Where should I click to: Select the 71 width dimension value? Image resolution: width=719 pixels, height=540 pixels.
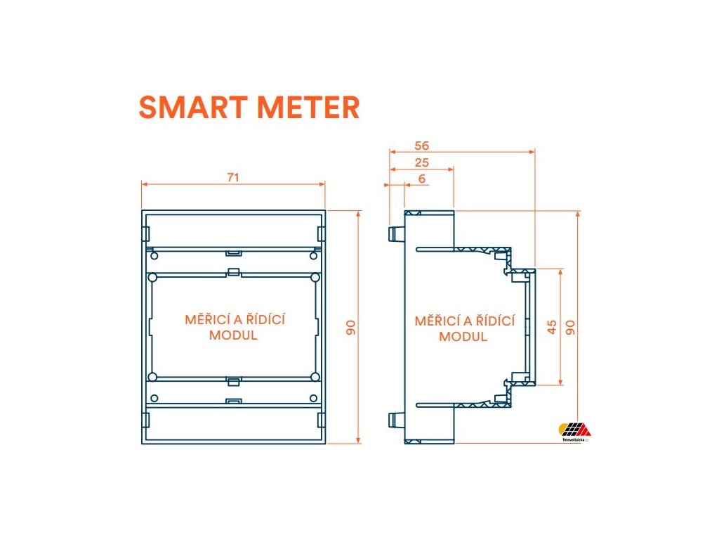(x=233, y=177)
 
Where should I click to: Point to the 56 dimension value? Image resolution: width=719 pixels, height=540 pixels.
(x=421, y=146)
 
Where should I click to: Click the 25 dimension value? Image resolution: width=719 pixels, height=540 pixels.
(x=421, y=162)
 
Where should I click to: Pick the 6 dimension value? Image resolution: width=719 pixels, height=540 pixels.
(x=421, y=179)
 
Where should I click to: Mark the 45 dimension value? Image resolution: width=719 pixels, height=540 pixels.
(x=552, y=326)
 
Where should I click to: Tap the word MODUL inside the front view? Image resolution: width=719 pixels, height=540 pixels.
(x=233, y=335)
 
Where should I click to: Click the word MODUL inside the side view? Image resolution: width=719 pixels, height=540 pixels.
(x=463, y=336)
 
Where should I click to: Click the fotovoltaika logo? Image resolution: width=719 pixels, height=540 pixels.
(x=574, y=431)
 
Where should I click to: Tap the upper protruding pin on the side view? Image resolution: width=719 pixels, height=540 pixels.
(x=393, y=232)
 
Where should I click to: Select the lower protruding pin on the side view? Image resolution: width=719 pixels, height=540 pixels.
(x=393, y=421)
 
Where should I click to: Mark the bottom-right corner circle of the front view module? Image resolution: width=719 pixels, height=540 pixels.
(x=315, y=377)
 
